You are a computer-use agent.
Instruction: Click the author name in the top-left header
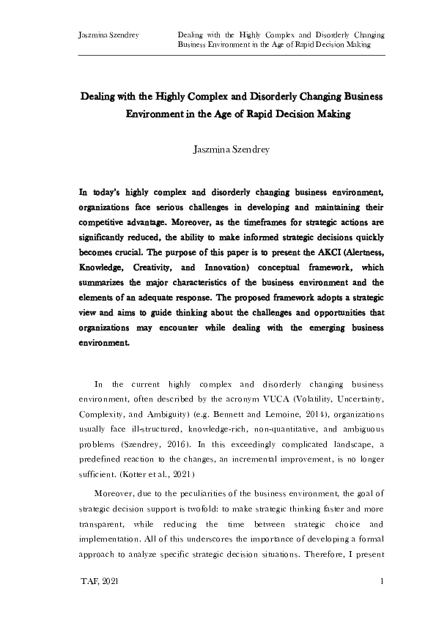point(108,34)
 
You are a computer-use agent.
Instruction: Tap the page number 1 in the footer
point(383,581)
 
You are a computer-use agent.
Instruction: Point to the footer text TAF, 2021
point(98,581)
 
